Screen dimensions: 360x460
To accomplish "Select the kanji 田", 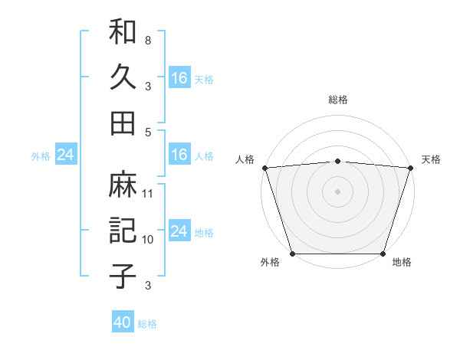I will [123, 123].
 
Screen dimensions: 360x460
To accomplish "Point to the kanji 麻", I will [123, 185].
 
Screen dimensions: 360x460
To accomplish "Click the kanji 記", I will [123, 231].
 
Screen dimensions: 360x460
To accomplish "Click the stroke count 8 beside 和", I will [147, 40].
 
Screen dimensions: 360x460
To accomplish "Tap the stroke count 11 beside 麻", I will [148, 194].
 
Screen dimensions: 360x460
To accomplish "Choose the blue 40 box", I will [123, 322].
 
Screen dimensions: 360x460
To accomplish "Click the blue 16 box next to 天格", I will [179, 77].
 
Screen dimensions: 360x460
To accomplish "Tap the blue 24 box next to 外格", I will [65, 155].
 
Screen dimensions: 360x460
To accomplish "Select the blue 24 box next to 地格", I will [179, 231].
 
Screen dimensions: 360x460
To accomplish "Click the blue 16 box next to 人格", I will [179, 155].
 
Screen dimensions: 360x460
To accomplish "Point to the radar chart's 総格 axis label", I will [337, 100].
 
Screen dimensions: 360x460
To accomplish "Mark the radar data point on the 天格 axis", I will [410, 168].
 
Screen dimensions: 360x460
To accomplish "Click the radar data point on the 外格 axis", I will [293, 253].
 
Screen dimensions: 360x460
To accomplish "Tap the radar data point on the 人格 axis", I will [264, 168].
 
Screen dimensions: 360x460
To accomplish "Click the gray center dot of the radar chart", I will [337, 191].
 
